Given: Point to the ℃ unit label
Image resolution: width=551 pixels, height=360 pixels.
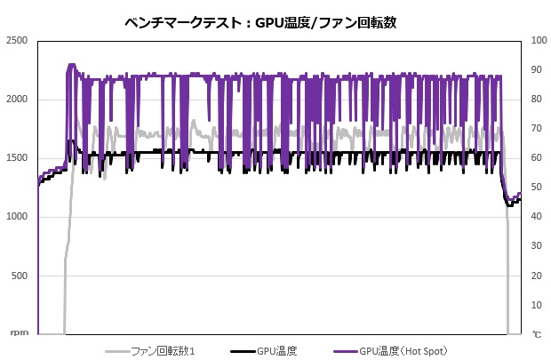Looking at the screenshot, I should pyautogui.click(x=536, y=334).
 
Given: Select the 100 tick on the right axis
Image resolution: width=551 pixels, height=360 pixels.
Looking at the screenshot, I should pyautogui.click(x=539, y=41).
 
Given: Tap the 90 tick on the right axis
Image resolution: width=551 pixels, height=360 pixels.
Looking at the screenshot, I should pyautogui.click(x=536, y=70).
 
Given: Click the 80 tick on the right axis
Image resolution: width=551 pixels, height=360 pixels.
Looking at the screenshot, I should pyautogui.click(x=536, y=100).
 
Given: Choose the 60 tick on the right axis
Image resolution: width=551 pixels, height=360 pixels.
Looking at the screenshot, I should pyautogui.click(x=536, y=158).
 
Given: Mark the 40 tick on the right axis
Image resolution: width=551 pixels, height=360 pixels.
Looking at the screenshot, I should pyautogui.click(x=536, y=217).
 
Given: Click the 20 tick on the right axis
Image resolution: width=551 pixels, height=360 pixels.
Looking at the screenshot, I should pyautogui.click(x=536, y=276).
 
